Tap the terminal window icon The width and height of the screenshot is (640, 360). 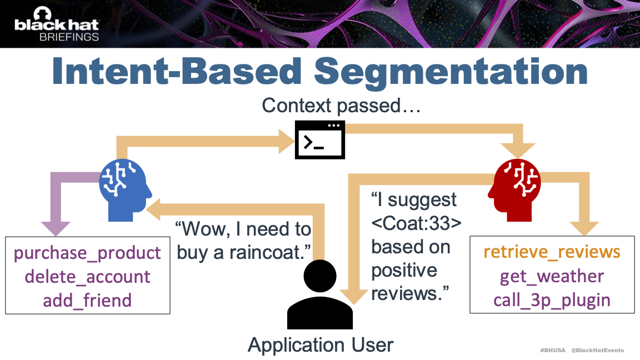(319, 139)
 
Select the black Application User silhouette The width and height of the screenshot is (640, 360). (320, 294)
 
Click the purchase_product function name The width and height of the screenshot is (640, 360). (87, 253)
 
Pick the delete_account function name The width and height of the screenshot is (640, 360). (87, 276)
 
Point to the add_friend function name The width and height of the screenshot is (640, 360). (87, 301)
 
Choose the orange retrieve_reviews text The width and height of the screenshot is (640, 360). (552, 252)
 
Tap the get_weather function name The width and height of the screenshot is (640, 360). (552, 276)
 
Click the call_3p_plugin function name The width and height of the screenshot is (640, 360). (552, 301)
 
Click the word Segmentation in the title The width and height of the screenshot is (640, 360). (451, 72)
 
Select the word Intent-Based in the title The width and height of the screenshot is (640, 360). (177, 71)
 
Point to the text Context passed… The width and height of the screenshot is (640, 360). (341, 106)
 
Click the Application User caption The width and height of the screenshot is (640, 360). (321, 345)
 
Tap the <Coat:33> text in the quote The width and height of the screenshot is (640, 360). (416, 223)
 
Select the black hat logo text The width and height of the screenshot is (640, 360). (57, 25)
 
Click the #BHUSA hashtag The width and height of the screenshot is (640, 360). (553, 350)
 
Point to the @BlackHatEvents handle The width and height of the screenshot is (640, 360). (598, 350)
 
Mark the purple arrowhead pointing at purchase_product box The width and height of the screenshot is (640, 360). (56, 228)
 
